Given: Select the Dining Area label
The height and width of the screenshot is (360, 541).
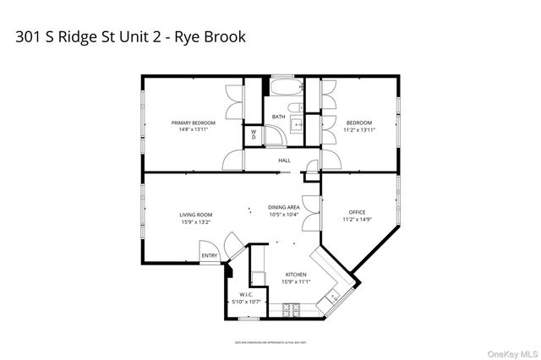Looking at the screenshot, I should [x=284, y=208].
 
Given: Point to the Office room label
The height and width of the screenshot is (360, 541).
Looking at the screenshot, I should [x=358, y=212].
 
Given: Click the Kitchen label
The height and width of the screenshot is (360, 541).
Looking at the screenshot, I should [x=295, y=275].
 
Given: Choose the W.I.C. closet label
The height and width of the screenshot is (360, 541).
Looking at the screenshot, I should [x=246, y=295].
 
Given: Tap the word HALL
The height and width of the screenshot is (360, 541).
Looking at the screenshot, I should [x=285, y=160].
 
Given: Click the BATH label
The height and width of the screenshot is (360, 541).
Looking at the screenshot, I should [x=278, y=117].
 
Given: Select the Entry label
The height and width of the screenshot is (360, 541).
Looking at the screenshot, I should [x=209, y=255].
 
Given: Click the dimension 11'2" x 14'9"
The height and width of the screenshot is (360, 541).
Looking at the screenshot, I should [x=358, y=220].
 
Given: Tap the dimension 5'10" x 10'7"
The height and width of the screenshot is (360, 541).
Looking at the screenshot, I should [x=246, y=302].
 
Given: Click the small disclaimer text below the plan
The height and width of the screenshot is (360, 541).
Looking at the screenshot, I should [x=270, y=341].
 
